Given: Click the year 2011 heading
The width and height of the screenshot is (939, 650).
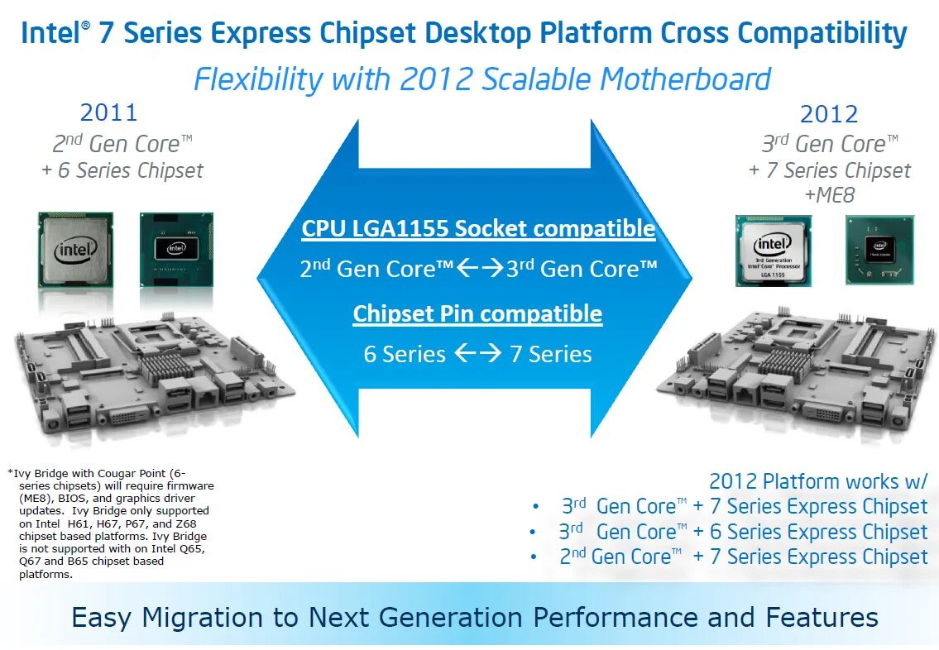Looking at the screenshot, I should [x=108, y=112].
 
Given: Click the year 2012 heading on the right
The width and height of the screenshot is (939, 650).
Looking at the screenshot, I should [x=829, y=114].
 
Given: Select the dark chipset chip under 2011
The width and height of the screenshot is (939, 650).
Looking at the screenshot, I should [x=176, y=249].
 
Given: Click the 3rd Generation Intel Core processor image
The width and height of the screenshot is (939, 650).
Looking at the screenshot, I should [x=773, y=251].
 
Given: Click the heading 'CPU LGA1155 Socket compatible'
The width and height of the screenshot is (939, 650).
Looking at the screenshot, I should [x=478, y=228].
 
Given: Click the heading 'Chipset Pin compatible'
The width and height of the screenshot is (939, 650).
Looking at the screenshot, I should [x=477, y=313].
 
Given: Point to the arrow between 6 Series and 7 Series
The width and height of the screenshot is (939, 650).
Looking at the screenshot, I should [x=478, y=355].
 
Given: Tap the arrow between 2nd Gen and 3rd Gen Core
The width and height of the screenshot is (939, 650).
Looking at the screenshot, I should [x=481, y=269].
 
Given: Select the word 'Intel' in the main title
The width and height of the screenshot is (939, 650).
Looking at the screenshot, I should [x=50, y=34].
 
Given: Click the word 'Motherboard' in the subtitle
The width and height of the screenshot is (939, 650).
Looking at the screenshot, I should [x=686, y=79].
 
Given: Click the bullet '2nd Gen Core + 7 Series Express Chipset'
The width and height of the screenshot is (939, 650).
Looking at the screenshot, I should [x=743, y=557].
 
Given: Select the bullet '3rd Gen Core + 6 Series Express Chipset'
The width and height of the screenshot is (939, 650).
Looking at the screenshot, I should [x=743, y=532].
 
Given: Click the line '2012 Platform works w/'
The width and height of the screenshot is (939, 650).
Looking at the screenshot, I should [x=817, y=481].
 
